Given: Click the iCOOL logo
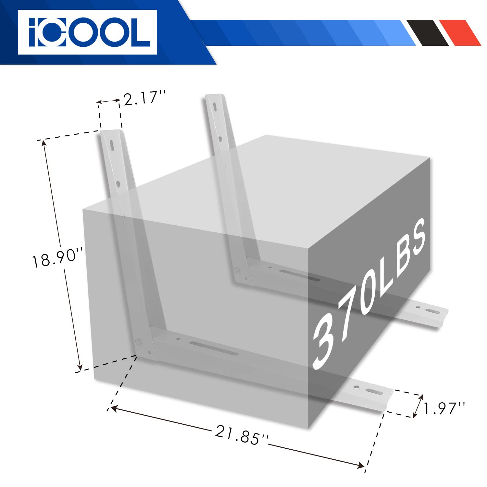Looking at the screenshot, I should pyautogui.click(x=87, y=32).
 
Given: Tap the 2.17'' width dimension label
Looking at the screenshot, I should pyautogui.click(x=144, y=98).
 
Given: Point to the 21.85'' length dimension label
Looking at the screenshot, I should pyautogui.click(x=242, y=435).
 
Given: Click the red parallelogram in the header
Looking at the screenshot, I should pyautogui.click(x=460, y=32).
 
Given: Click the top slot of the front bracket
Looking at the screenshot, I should pyautogui.click(x=111, y=145).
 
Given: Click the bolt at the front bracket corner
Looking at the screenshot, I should pyautogui.click(x=139, y=341).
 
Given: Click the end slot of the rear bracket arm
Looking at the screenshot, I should pyautogui.click(x=432, y=311).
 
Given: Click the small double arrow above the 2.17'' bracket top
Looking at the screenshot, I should pyautogui.click(x=108, y=101).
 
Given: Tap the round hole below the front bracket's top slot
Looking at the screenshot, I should pyautogui.click(x=118, y=184).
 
